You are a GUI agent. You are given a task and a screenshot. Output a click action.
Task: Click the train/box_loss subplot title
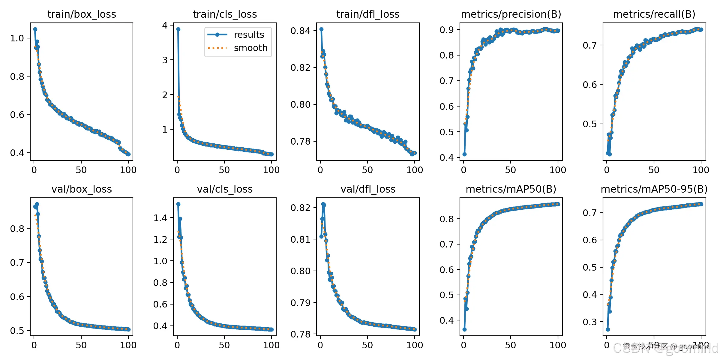point(82,14)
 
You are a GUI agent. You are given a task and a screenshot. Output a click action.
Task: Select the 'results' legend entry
point(249,35)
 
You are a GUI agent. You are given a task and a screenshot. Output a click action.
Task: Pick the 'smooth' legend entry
point(250,48)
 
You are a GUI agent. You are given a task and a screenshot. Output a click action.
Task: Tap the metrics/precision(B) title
point(511,14)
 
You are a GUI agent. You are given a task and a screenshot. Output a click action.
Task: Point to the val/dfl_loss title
point(368,189)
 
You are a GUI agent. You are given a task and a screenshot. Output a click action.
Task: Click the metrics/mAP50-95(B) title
point(654,189)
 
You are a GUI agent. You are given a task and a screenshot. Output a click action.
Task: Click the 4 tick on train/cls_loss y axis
point(165,25)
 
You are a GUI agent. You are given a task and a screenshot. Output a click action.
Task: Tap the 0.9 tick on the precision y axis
point(446,30)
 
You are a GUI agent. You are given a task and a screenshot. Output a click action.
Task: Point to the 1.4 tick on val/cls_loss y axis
point(160,218)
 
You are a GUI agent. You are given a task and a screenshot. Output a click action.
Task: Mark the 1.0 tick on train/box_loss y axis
point(17,38)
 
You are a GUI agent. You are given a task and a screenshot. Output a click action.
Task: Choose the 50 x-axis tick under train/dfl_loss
point(367,170)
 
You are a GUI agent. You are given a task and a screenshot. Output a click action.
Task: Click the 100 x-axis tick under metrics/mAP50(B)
point(558,345)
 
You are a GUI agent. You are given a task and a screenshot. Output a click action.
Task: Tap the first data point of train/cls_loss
point(178,29)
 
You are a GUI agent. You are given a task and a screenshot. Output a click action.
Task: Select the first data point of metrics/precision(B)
point(464,154)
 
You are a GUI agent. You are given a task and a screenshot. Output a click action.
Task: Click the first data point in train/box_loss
point(35,29)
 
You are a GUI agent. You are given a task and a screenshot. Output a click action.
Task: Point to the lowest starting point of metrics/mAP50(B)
point(464,329)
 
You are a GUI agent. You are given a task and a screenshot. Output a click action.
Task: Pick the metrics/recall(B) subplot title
point(654,14)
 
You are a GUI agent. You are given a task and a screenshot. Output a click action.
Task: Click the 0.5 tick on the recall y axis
point(589,124)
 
